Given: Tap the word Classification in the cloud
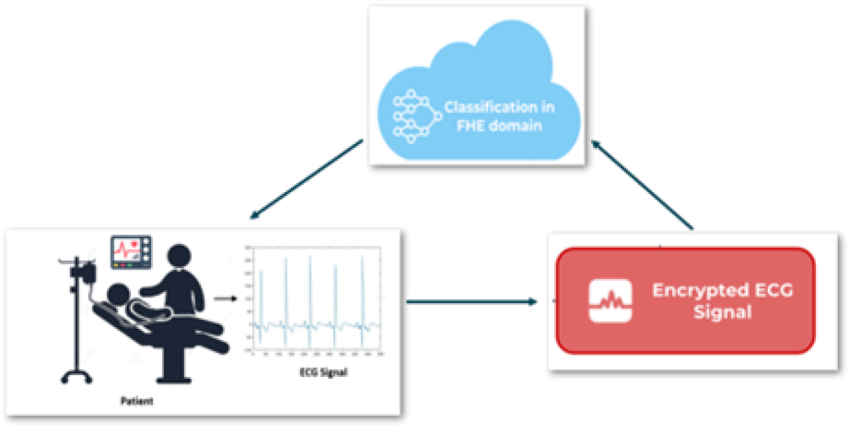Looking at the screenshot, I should point(498,107).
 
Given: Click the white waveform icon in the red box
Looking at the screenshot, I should point(610,301).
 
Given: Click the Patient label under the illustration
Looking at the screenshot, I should point(136,401).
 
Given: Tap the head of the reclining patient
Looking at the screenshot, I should point(118,295).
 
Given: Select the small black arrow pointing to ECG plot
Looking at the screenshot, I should point(225,298).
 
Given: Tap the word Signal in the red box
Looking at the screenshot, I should point(722,312).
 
